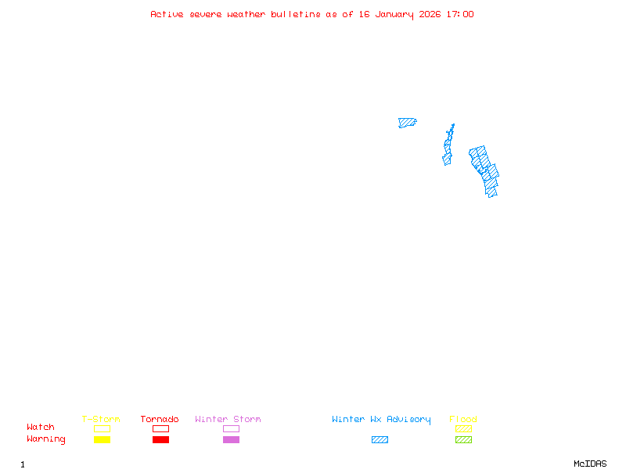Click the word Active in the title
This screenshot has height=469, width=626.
[167, 14]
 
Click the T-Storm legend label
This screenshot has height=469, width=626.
[101, 420]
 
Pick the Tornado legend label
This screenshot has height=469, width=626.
[160, 420]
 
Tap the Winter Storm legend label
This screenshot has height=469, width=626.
[228, 420]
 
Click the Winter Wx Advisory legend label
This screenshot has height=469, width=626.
[381, 420]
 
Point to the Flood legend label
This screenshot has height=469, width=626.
[463, 420]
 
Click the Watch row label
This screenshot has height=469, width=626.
[41, 428]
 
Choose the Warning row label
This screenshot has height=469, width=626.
[46, 439]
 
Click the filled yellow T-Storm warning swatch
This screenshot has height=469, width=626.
[102, 440]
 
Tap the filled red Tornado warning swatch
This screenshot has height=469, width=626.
[160, 440]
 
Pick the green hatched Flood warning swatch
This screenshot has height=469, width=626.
[463, 440]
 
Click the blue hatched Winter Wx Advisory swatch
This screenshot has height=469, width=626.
[380, 440]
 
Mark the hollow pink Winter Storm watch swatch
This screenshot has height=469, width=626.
[231, 428]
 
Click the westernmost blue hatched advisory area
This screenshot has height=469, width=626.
[406, 123]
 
